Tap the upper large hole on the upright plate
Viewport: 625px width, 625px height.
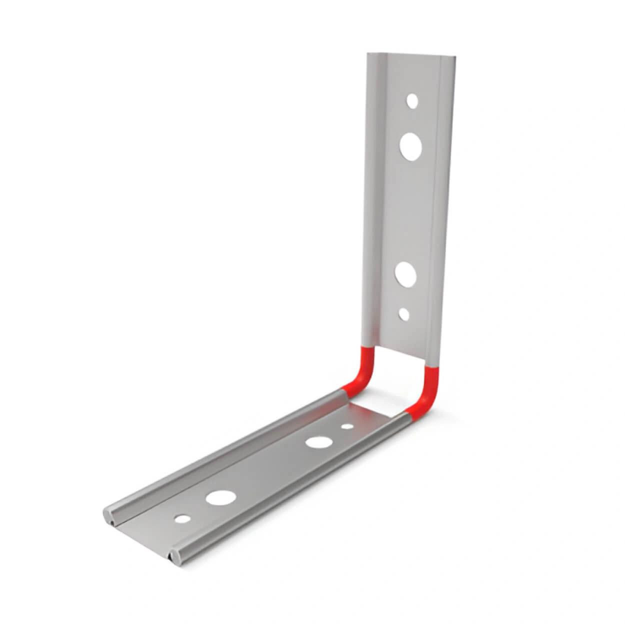pos(411,146)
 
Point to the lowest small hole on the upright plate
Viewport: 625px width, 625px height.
pos(404,314)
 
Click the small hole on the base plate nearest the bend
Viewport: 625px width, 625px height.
pos(346,427)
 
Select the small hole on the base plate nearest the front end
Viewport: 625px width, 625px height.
pos(182,518)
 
